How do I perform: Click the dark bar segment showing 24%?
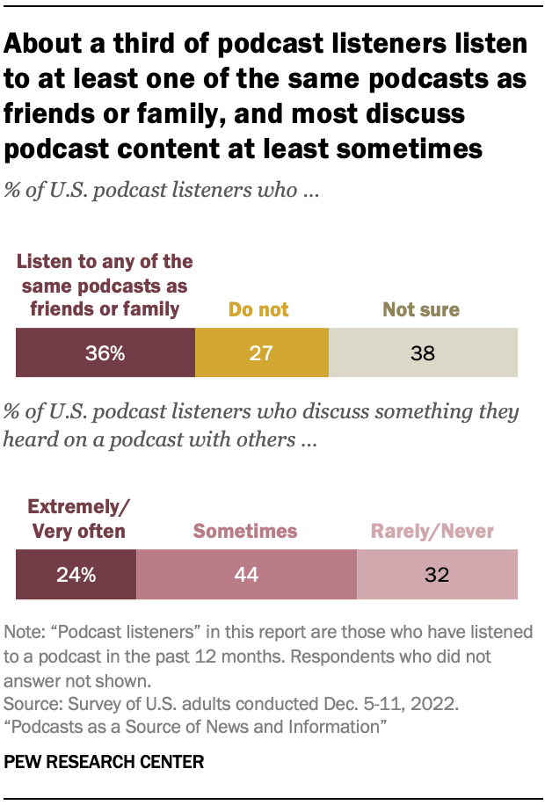tap(76, 576)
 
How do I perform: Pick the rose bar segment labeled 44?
tap(247, 576)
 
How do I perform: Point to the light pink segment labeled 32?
tap(437, 576)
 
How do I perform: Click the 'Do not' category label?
tap(258, 309)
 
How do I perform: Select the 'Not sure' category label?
tap(422, 309)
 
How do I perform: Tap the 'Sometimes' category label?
tap(245, 531)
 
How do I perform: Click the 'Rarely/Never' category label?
tap(432, 531)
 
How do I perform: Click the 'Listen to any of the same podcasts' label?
tap(105, 285)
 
